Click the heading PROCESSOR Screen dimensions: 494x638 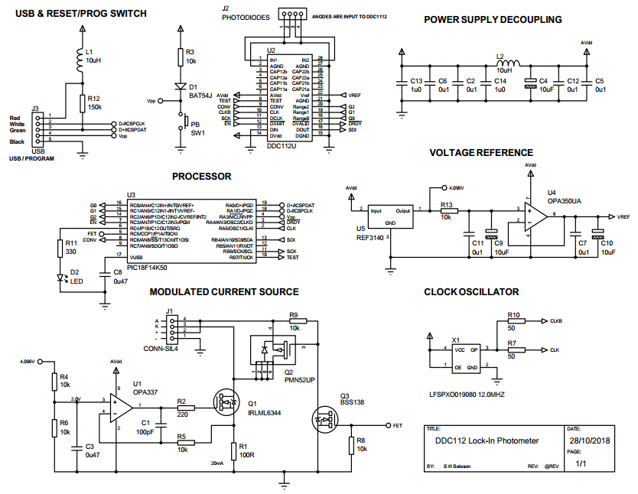click(201, 177)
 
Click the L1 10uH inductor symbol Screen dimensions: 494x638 click(82, 57)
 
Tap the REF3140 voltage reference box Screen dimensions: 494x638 click(389, 216)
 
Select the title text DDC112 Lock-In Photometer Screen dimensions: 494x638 click(487, 440)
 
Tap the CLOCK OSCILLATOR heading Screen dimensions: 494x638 click(471, 292)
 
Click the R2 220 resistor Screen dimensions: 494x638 click(183, 408)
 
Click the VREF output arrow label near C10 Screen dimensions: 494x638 click(622, 217)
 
